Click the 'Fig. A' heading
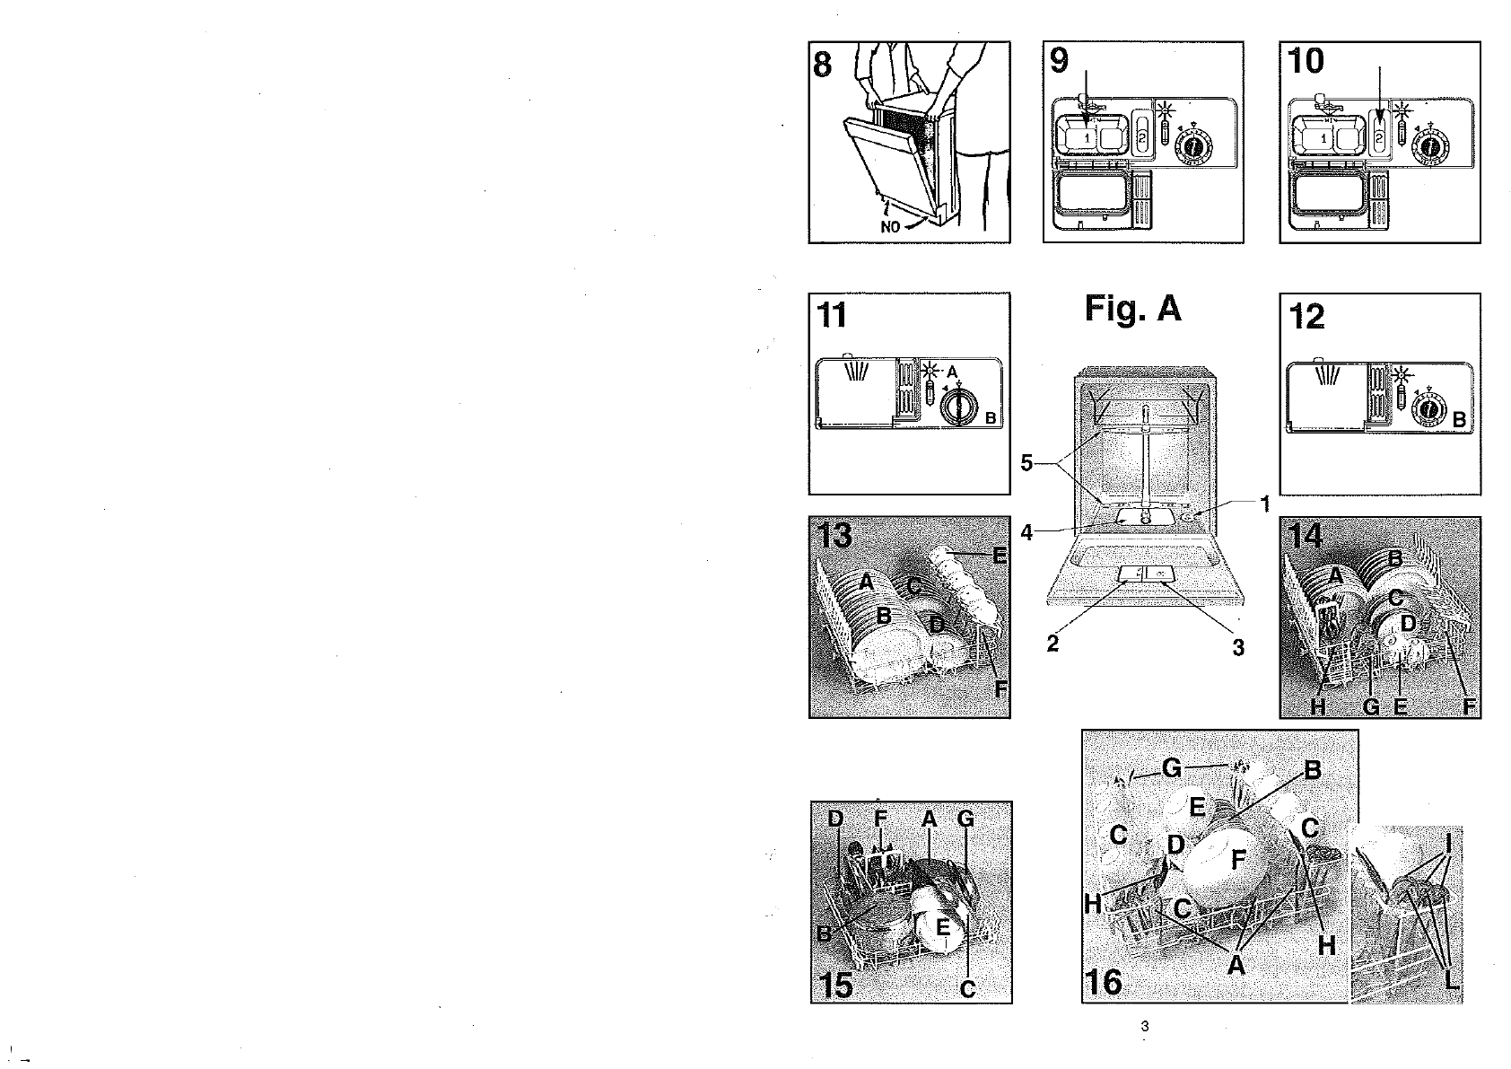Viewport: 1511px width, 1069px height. tap(1132, 310)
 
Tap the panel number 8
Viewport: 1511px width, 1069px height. tap(823, 64)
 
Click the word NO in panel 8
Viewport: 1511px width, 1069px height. tap(890, 227)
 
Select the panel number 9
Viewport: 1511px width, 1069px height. tap(1060, 60)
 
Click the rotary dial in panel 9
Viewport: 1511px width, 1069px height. tap(1193, 146)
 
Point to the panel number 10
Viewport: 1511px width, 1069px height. tap(1306, 61)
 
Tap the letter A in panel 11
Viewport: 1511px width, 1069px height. tap(953, 372)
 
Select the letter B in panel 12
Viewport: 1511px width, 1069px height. tap(1459, 420)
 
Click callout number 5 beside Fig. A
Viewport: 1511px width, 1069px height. tap(1026, 463)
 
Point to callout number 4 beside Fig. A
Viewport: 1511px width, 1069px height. tap(1026, 532)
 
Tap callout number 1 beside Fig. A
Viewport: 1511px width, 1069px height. tap(1265, 504)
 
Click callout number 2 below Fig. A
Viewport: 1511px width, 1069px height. tap(1052, 644)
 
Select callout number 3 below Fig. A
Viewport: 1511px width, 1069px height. tap(1238, 648)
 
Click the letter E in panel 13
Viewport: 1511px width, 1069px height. tap(1000, 556)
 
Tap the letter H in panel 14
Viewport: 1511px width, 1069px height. tap(1317, 706)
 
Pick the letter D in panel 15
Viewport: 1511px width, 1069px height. tap(835, 819)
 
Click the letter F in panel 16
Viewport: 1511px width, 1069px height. tap(1238, 859)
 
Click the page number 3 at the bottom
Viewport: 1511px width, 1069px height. tap(1144, 1027)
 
